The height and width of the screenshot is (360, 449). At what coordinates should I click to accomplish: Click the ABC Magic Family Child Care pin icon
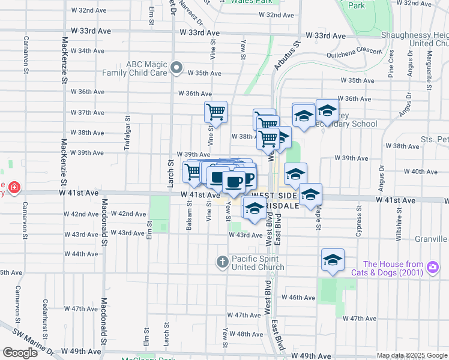(x=176, y=68)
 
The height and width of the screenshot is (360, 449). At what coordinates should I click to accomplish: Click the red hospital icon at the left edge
(x=14, y=188)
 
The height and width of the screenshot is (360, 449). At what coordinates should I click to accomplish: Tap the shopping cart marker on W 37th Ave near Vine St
(x=215, y=111)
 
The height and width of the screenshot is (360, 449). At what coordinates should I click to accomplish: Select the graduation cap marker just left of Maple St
(x=310, y=194)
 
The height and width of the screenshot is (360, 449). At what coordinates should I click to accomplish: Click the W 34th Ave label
(x=87, y=50)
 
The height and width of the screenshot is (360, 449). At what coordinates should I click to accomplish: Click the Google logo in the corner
(x=20, y=353)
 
